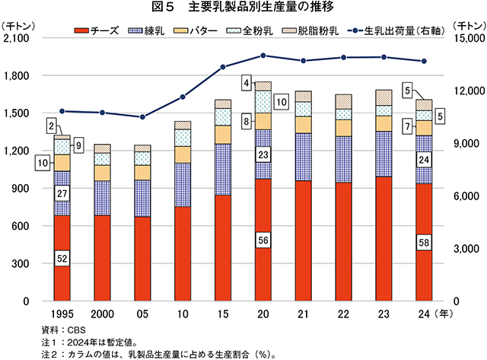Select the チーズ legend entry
tap(99, 33)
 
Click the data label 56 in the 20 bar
tap(263, 240)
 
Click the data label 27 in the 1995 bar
tap(62, 193)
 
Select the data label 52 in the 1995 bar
tap(62, 259)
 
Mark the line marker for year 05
tap(142, 117)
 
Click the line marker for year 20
tap(263, 56)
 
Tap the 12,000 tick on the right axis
tap(465, 91)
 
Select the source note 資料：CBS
tap(65, 330)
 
